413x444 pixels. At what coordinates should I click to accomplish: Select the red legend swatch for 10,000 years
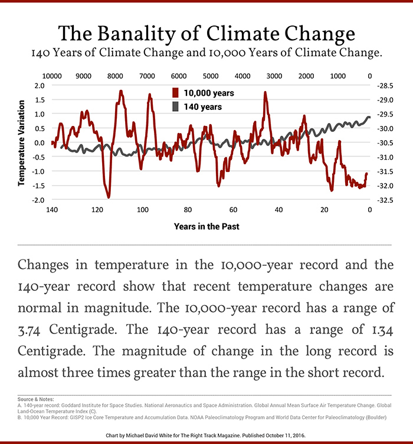(x=175, y=93)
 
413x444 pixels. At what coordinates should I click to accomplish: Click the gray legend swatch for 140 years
(x=175, y=107)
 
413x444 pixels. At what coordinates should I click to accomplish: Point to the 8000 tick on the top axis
(x=115, y=76)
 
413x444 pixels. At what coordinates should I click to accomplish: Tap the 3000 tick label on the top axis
(x=274, y=76)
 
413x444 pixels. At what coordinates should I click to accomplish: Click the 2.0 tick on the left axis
(x=40, y=86)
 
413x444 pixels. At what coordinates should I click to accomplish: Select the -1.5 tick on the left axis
(x=38, y=186)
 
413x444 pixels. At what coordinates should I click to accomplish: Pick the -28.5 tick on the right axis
(x=383, y=86)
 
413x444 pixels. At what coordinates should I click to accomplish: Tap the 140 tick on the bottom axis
(x=52, y=210)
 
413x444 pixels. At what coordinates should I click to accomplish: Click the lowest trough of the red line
(x=109, y=197)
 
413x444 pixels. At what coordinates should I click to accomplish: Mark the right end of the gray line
(x=369, y=117)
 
